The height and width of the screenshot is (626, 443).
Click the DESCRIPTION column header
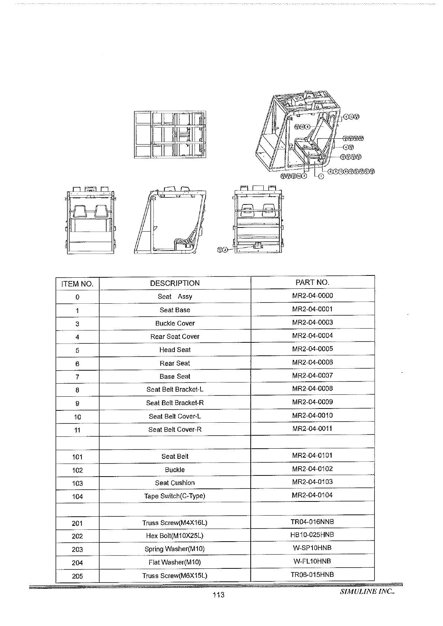175,283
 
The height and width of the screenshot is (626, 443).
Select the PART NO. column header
312,283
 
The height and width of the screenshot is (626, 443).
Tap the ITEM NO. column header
77,284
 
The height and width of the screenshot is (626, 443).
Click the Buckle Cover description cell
175,323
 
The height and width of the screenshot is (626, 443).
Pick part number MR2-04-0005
312,349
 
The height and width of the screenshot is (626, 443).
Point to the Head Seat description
175,350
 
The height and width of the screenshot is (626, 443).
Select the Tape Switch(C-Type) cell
175,496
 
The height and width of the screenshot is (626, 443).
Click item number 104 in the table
77,497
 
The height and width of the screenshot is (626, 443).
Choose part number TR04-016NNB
312,522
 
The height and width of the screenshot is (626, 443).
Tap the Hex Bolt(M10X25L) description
175,536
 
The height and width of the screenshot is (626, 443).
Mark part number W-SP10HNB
312,548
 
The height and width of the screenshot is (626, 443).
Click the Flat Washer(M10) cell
175,562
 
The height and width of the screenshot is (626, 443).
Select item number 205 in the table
77,576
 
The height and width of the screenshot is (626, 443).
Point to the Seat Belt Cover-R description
175,430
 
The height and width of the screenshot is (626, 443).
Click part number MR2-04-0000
312,296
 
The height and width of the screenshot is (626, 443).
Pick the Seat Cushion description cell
175,483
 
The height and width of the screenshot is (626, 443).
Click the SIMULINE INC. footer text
367,591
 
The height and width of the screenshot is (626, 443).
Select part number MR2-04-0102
312,469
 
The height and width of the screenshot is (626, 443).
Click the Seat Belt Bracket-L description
175,390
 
